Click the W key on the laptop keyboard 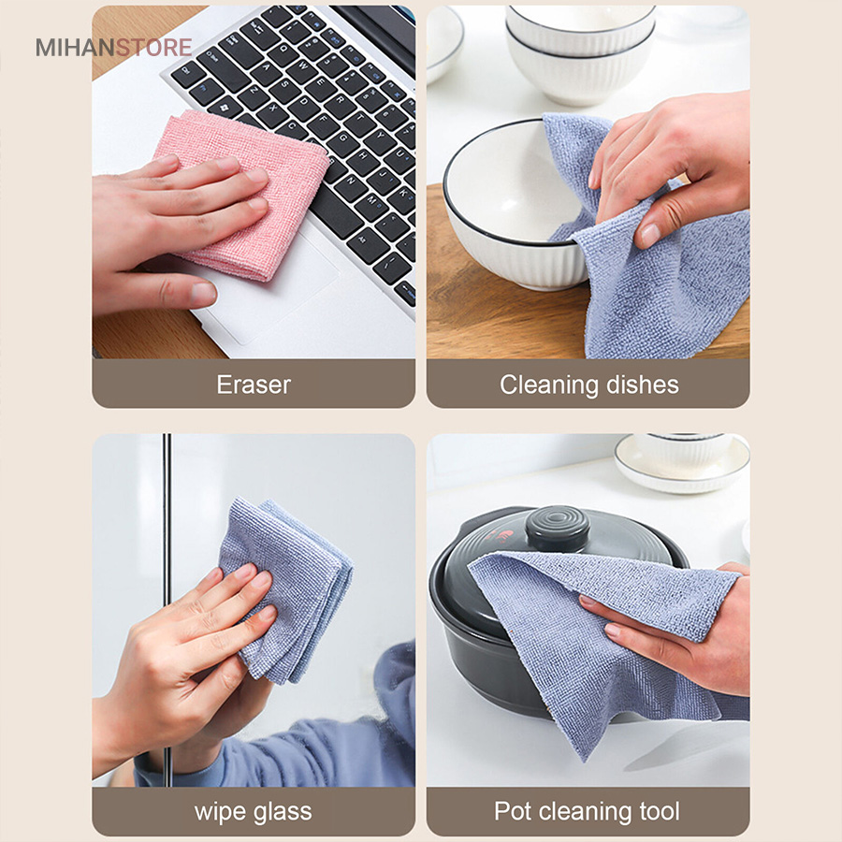[x=304, y=66]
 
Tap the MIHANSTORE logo [x=113, y=48]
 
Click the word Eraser [x=254, y=385]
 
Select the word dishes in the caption [x=642, y=385]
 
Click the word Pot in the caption [x=513, y=811]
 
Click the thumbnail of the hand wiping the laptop [x=254, y=182]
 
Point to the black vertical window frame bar [x=167, y=609]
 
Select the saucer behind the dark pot [x=682, y=463]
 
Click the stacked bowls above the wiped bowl [x=580, y=53]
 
